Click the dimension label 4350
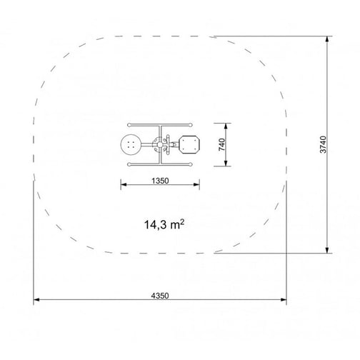pyautogui.click(x=160, y=296)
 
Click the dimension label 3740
pyautogui.click(x=324, y=144)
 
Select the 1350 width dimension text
pyautogui.click(x=160, y=181)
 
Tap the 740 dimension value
pyautogui.click(x=221, y=144)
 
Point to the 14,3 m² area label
pyautogui.click(x=164, y=224)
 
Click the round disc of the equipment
pyautogui.click(x=131, y=144)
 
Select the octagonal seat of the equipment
pyautogui.click(x=189, y=144)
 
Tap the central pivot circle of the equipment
pyautogui.click(x=160, y=144)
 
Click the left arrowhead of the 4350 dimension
pyautogui.click(x=36, y=299)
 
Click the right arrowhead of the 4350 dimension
pyautogui.click(x=284, y=299)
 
